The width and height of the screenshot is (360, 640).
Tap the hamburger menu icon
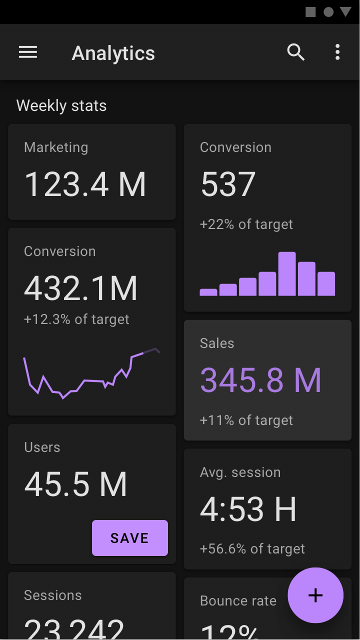pos(28,52)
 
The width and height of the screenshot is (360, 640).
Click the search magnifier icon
pos(295,52)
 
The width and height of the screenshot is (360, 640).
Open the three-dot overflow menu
pos(337,52)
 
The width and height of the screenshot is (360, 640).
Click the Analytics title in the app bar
pos(113,53)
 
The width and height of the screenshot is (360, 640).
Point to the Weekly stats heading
pos(61,105)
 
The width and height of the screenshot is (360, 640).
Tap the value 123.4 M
pos(85,184)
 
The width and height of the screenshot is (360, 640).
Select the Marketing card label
pos(56,147)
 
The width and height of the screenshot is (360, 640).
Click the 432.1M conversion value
pos(81,288)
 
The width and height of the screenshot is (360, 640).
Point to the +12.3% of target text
pos(76,319)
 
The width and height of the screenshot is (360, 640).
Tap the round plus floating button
pos(315,595)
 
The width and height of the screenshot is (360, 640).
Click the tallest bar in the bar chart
pos(287,274)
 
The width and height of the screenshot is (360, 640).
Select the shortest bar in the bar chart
pos(208,292)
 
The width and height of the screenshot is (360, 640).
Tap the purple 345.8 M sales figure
pos(260,380)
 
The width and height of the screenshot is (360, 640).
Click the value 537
pos(228,184)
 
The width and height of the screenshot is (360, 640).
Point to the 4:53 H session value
pos(248,509)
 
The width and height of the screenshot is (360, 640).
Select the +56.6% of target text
pos(252,549)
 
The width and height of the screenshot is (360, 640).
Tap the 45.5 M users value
pos(76,484)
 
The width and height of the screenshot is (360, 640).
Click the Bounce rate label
pos(238,601)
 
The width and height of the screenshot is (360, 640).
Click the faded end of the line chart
pos(152,350)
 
